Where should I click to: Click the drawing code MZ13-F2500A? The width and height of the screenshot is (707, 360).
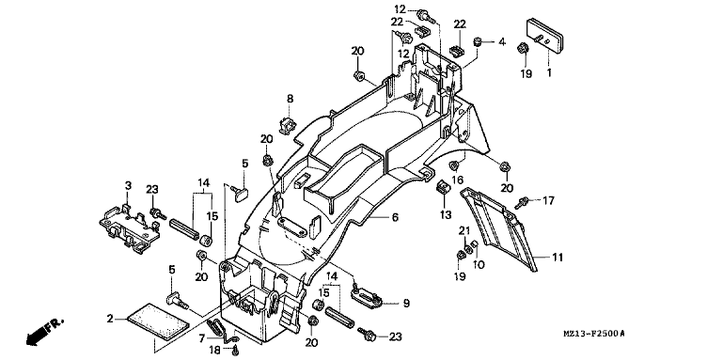tap(595, 334)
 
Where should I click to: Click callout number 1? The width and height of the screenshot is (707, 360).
tap(549, 72)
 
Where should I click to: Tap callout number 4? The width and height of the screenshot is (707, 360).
tap(502, 42)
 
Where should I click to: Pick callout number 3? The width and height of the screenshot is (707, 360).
tap(128, 185)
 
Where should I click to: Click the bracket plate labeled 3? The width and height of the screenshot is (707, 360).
tap(130, 226)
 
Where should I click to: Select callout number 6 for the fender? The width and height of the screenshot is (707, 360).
tap(395, 217)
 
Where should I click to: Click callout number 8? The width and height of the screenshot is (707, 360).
tap(290, 98)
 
